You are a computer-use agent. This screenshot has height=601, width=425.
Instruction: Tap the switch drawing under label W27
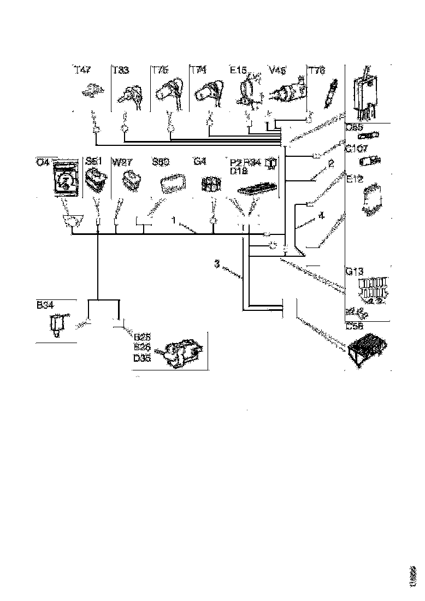pyautogui.click(x=132, y=181)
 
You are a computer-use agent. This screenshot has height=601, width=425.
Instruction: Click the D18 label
pyautogui.click(x=239, y=171)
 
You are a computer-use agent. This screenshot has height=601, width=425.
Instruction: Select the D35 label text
pyautogui.click(x=142, y=358)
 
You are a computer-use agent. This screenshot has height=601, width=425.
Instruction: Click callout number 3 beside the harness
pyautogui.click(x=217, y=264)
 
